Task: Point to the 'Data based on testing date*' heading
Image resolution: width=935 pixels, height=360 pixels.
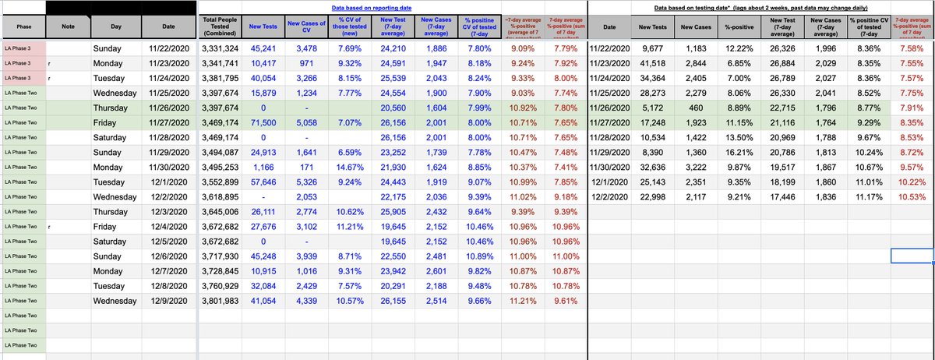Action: click(x=760, y=6)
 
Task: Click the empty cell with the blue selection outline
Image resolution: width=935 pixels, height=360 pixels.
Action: click(x=912, y=255)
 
